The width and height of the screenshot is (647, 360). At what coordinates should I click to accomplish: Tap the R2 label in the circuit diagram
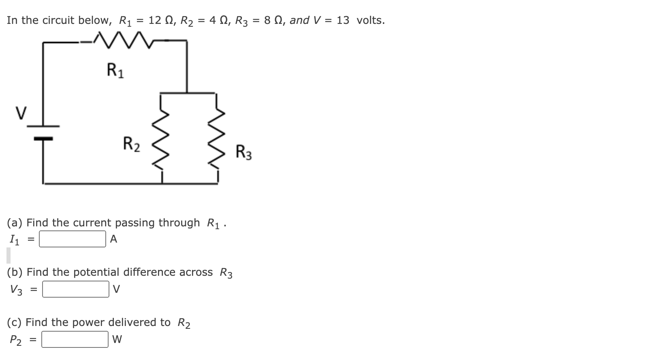click(x=132, y=144)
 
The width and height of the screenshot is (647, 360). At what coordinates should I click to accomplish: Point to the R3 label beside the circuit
click(x=243, y=153)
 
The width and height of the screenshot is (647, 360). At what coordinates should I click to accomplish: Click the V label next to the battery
click(x=21, y=112)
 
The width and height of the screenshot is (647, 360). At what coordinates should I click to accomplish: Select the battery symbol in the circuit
click(x=43, y=132)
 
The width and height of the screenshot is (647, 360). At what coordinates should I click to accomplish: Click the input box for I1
click(x=73, y=239)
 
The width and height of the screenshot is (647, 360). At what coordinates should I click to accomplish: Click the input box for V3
click(x=75, y=290)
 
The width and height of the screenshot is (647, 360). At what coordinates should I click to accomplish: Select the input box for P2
click(x=75, y=340)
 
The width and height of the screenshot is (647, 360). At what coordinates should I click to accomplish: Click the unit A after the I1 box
click(x=113, y=239)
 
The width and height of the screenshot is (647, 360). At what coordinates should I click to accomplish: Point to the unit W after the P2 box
click(x=117, y=340)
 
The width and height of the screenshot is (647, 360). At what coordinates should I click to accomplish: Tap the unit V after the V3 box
click(x=117, y=290)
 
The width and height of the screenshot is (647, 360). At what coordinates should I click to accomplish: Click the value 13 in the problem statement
click(x=343, y=20)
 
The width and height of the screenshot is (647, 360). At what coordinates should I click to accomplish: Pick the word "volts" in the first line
click(x=370, y=20)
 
